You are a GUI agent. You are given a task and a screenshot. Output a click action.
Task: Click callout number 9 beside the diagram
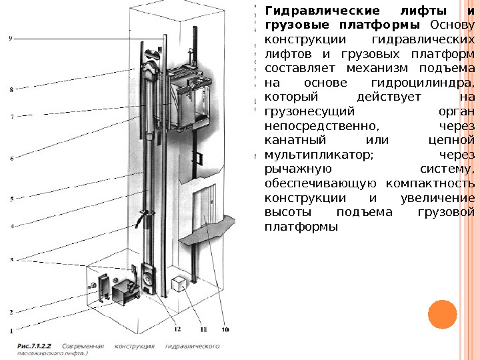(10, 39)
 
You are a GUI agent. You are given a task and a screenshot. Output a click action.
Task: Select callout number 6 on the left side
(11, 158)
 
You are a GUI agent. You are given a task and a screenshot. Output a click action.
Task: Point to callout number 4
(11, 226)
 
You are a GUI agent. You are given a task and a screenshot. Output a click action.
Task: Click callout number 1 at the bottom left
(11, 330)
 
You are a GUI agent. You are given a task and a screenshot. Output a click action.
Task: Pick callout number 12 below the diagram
(178, 329)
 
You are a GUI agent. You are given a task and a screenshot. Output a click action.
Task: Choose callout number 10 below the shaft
(225, 329)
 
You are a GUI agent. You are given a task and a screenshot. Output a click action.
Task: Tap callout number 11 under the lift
(203, 329)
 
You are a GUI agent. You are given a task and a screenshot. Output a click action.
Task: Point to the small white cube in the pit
(180, 283)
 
